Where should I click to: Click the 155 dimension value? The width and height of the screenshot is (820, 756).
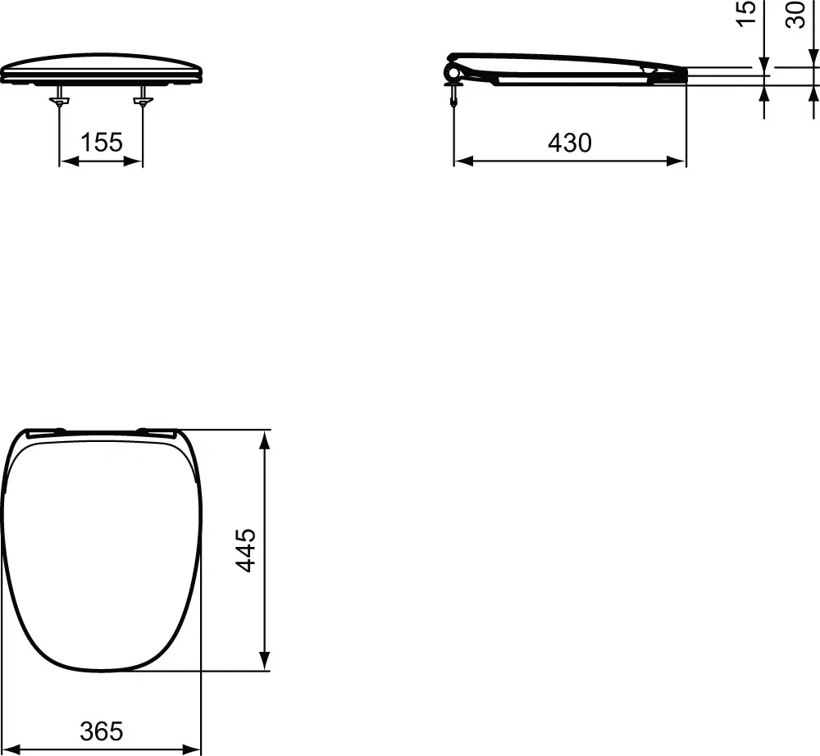tap(102, 143)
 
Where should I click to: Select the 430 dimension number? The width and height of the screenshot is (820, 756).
tap(569, 143)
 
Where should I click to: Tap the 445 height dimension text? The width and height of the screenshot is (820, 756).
tap(246, 550)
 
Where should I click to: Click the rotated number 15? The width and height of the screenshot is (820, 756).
tap(746, 14)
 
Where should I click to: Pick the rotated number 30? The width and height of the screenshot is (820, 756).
tap(795, 14)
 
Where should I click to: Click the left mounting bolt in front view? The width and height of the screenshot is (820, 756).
tap(59, 101)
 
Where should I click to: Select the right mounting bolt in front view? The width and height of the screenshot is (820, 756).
tap(143, 101)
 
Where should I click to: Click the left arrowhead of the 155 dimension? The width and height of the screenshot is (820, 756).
tap(67, 162)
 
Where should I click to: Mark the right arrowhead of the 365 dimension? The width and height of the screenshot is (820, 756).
tap(193, 749)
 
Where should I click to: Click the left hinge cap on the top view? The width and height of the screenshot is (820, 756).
tap(46, 431)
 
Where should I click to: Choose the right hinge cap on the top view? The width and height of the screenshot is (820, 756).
tap(157, 431)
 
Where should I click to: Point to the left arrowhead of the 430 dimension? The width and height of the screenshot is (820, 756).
tap(462, 162)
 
